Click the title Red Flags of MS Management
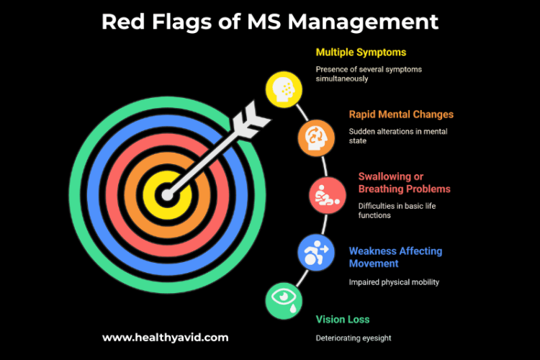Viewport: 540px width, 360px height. (x=270, y=21)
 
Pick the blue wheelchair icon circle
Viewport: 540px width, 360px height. (x=315, y=252)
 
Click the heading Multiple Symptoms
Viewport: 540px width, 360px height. (x=361, y=53)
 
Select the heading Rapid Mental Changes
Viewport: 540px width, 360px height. (x=401, y=114)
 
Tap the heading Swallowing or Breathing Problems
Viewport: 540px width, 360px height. (x=404, y=183)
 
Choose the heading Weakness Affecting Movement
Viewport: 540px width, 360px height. (x=395, y=258)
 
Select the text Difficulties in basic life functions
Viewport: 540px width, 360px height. (x=397, y=210)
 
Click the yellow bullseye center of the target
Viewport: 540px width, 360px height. (x=166, y=194)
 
